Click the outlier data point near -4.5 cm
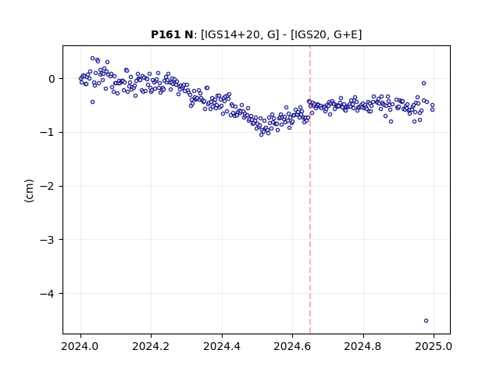(x=426, y=320)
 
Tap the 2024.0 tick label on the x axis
(x=80, y=346)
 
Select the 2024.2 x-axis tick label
(x=151, y=346)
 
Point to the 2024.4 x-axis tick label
(x=222, y=346)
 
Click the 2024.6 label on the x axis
(x=292, y=346)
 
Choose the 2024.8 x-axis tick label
(x=362, y=346)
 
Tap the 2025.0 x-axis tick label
(x=434, y=346)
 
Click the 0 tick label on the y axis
(x=52, y=79)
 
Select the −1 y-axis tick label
(x=47, y=132)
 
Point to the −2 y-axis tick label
(x=47, y=186)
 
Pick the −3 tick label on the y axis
(x=47, y=240)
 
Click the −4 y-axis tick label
(x=47, y=294)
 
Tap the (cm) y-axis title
(x=29, y=191)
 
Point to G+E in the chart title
(x=345, y=34)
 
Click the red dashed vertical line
(x=310, y=190)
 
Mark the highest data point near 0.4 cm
(x=92, y=59)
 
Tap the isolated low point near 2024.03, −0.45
(x=92, y=102)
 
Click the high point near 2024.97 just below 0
(x=423, y=84)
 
